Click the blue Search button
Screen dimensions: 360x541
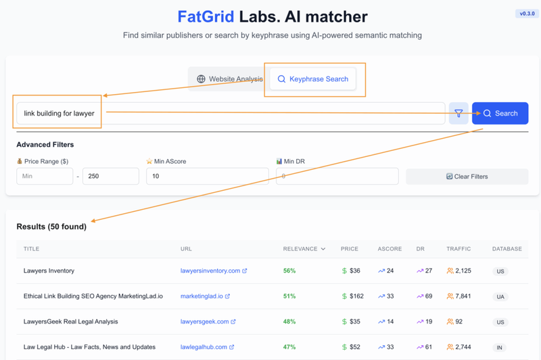[x=500, y=114]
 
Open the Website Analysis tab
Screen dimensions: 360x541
[x=229, y=79]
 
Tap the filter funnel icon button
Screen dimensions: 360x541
[x=458, y=114]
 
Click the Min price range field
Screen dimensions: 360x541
[x=45, y=176]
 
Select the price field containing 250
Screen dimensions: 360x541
[x=110, y=176]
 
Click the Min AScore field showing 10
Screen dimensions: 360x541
[x=207, y=176]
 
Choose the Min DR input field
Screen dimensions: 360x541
[x=337, y=176]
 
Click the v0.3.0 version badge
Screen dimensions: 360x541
[x=527, y=14]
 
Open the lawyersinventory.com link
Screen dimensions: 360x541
[x=210, y=271]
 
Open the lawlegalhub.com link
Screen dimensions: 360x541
[x=204, y=347]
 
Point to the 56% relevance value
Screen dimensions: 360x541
[x=289, y=271]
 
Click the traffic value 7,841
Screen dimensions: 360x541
[x=463, y=296]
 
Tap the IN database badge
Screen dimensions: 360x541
[x=500, y=347]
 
